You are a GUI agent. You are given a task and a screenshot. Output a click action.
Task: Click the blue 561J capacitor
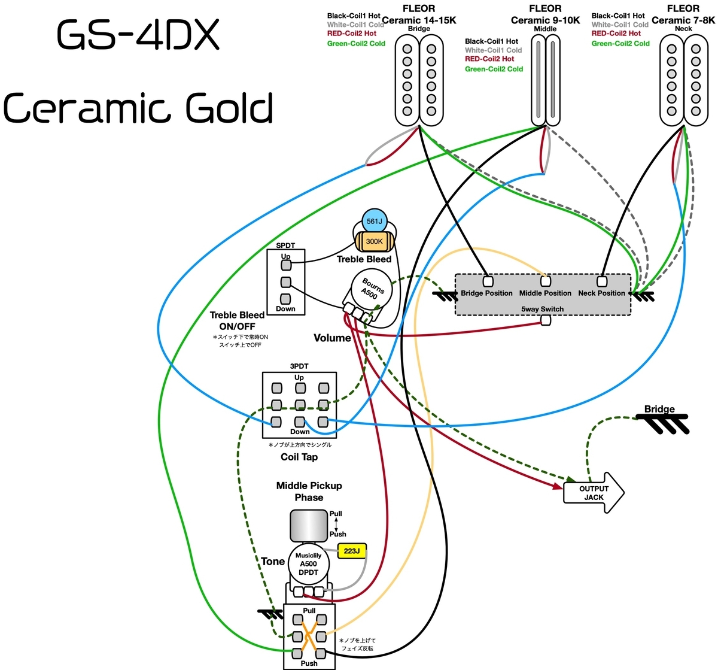(374, 221)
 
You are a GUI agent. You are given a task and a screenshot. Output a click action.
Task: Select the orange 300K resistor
(374, 241)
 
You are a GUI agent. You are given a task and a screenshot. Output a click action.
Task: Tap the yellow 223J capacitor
(351, 551)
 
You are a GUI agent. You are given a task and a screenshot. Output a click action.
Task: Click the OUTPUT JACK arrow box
(594, 493)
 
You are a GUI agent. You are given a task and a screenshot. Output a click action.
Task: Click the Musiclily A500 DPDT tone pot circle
(308, 564)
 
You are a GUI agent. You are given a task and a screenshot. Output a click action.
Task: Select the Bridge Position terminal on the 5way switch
(488, 281)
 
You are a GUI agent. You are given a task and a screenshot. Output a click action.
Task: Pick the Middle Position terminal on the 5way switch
(545, 281)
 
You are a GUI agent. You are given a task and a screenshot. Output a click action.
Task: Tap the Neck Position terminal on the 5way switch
(601, 281)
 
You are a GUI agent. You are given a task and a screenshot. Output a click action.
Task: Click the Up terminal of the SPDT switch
(286, 265)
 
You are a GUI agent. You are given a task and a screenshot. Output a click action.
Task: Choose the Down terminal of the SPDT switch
(285, 299)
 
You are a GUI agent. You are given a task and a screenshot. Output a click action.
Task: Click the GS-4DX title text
(138, 35)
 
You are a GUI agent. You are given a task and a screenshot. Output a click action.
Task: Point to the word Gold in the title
(229, 108)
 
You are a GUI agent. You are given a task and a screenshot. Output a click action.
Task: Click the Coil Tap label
(299, 457)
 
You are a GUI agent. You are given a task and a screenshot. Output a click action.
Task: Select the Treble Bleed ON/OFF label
(237, 320)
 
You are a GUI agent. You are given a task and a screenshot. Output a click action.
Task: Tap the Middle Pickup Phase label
(309, 491)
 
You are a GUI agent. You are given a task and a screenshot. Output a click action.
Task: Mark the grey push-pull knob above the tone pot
(308, 526)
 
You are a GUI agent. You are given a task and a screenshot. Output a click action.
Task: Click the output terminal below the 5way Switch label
(546, 320)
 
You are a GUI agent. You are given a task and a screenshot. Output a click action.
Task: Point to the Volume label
(332, 338)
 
